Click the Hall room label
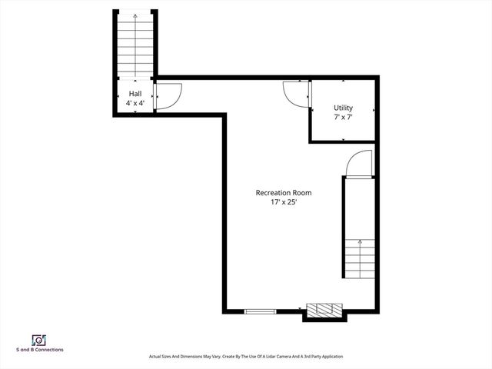click(135, 93)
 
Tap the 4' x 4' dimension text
click(135, 102)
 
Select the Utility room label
click(343, 108)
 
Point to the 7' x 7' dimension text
click(343, 118)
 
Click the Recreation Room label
click(284, 192)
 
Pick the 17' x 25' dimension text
click(284, 202)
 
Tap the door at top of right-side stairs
click(357, 165)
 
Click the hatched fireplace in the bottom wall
click(323, 311)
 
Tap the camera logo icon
click(38, 339)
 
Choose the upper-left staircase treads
click(136, 50)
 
